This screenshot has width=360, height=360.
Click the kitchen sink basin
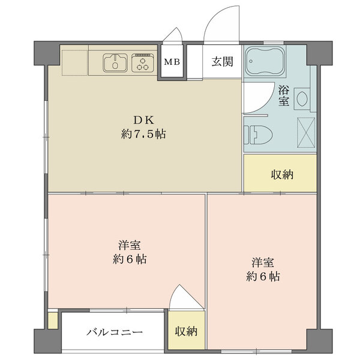point(115,62)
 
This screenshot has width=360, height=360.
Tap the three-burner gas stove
point(143,62)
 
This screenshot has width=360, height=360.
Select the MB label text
point(172,62)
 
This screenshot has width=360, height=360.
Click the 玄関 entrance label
point(222,62)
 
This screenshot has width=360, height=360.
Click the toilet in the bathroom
point(258,134)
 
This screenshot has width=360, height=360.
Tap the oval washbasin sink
point(302,99)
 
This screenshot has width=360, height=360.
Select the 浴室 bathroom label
point(284,95)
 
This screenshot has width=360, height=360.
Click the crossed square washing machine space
point(306,132)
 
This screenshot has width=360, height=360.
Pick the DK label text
point(143,120)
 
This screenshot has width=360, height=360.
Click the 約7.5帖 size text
point(143,134)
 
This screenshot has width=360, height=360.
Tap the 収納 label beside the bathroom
point(282,175)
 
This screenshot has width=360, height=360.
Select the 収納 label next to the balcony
point(186,331)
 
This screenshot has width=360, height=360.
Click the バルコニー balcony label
point(115,332)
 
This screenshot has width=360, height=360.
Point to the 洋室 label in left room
point(130,245)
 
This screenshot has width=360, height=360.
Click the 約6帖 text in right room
point(263,277)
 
